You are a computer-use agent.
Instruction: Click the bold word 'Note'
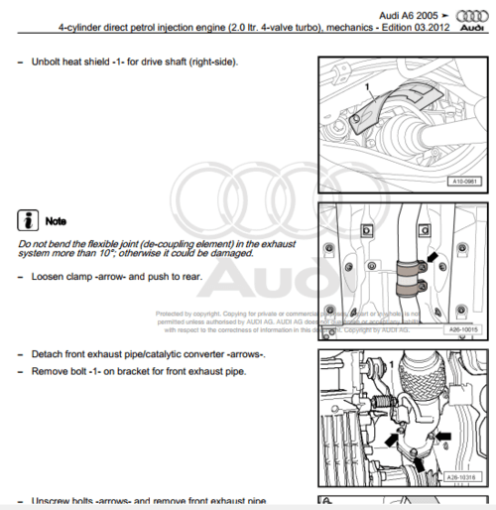[x=56, y=220]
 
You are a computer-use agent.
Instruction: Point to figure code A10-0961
[x=461, y=182]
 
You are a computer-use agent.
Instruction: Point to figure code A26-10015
[x=459, y=329]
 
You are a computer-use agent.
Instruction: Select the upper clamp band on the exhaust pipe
[x=407, y=266]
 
